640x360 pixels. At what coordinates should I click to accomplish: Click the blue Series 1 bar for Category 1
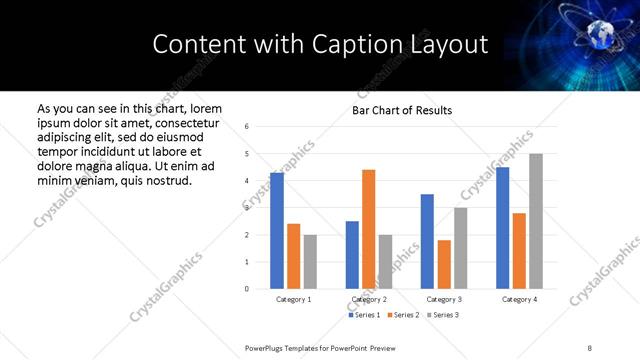(x=277, y=231)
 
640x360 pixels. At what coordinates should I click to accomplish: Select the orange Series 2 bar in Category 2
(x=369, y=229)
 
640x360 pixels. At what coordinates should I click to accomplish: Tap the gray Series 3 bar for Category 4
(x=536, y=221)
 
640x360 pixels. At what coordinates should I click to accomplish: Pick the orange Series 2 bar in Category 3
(x=444, y=264)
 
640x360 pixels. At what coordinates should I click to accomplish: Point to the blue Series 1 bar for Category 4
(x=503, y=228)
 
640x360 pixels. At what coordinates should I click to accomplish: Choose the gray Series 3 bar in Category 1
(x=310, y=262)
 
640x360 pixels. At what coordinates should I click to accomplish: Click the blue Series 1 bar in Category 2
(x=352, y=255)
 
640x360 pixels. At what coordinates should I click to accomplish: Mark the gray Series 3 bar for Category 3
(x=461, y=248)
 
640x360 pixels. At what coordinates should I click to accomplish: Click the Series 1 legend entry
(x=364, y=315)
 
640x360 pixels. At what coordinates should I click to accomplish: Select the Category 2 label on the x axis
(x=369, y=299)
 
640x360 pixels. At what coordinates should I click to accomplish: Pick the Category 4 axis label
(x=520, y=299)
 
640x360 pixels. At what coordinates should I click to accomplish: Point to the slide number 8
(x=589, y=347)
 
